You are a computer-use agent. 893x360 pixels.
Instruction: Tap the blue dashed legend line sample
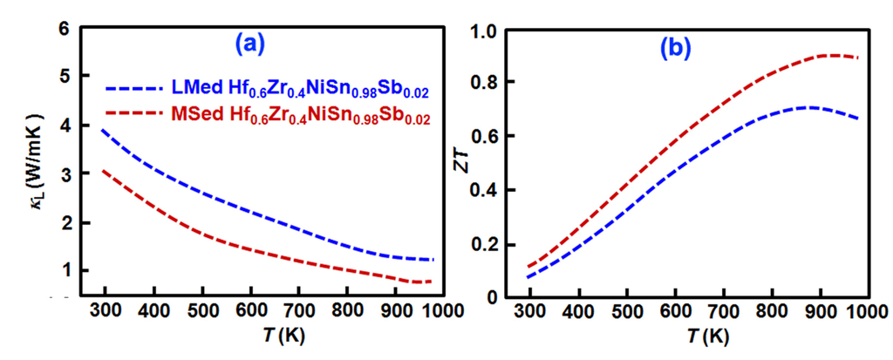pyautogui.click(x=133, y=88)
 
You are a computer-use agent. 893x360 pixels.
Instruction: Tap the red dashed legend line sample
pyautogui.click(x=133, y=114)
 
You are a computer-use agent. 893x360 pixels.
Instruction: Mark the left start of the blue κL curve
pyautogui.click(x=102, y=130)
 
